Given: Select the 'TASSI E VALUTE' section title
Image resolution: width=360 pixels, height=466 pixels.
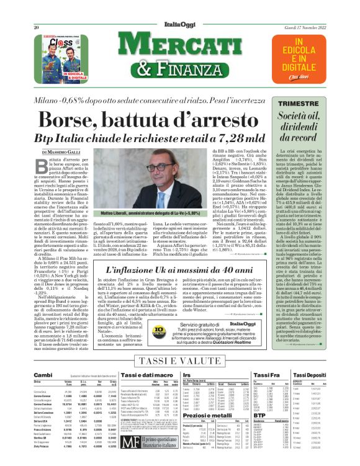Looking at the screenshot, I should [x=181, y=361].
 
